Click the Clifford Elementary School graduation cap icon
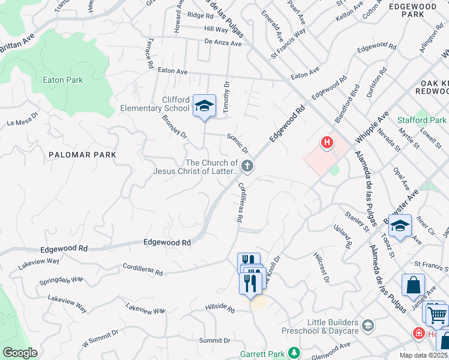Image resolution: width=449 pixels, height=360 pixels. tap(204, 106)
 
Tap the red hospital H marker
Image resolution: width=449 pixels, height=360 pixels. tap(327, 143)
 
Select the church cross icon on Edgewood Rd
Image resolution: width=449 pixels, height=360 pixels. tap(247, 166)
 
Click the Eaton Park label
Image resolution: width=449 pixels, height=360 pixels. tap(62, 79)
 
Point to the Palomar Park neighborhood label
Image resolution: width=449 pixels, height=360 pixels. tap(83, 154)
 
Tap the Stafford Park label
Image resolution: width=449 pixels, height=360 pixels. tap(422, 120)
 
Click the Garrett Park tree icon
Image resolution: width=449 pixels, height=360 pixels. tap(294, 353)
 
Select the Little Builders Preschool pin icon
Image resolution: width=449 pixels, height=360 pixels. tap(367, 326)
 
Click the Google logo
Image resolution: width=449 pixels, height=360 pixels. tap(20, 353)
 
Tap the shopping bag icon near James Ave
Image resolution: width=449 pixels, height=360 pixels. tap(414, 286)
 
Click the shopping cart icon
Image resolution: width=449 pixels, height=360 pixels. tap(438, 313)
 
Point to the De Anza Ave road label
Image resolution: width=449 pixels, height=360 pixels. tap(223, 43)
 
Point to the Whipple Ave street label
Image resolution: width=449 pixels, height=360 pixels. tap(372, 126)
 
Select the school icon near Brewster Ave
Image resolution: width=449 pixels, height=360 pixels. tap(400, 226)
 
